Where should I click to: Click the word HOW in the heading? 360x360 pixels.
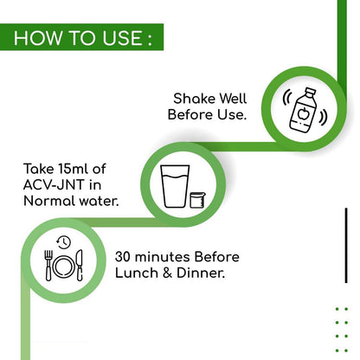[x=38, y=37]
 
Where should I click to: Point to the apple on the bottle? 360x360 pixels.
[x=303, y=113]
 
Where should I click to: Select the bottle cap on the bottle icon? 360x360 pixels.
[x=310, y=93]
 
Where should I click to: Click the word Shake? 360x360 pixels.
[x=195, y=99]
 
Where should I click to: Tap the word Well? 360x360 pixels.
[x=233, y=99]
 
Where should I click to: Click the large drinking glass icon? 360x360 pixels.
[x=175, y=186]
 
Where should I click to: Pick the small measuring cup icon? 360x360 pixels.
[x=197, y=200]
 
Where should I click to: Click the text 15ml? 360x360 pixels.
[x=74, y=169]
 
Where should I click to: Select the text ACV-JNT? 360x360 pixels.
[x=55, y=185]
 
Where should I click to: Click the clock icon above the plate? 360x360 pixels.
[x=64, y=242]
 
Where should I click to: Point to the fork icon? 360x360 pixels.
[x=48, y=266]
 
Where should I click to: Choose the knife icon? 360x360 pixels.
[x=80, y=266]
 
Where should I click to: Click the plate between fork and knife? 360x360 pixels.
[x=64, y=267]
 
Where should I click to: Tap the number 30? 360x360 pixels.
[x=123, y=257]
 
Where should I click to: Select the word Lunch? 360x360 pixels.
[x=137, y=273]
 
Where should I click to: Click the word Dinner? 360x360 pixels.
[x=201, y=273]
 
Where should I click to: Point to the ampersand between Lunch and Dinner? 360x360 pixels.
[x=168, y=273]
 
